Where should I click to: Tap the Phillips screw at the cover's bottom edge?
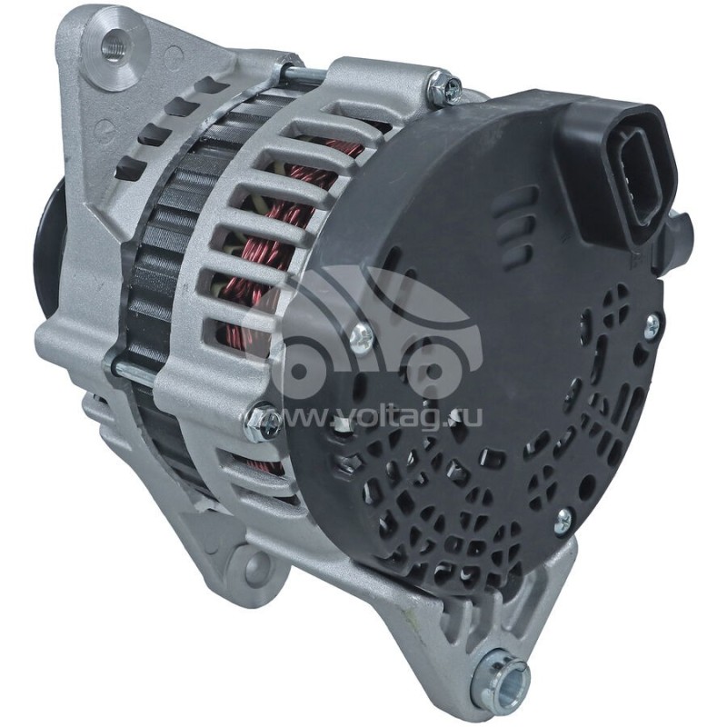click(x=563, y=520)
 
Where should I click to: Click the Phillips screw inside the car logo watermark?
click(x=361, y=338)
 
